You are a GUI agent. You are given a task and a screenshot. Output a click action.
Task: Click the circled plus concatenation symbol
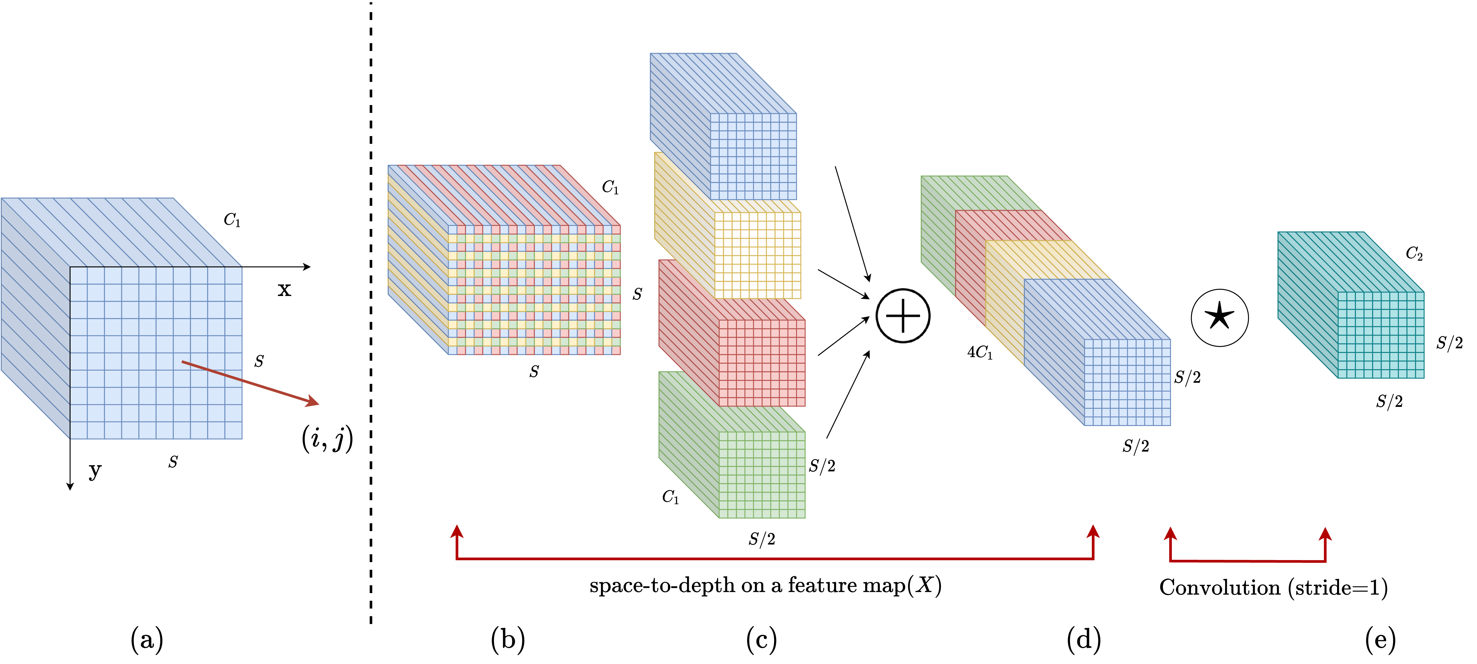(x=903, y=316)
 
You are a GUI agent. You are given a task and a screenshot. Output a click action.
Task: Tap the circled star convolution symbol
(x=1219, y=318)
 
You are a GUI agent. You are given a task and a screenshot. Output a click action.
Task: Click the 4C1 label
(x=979, y=352)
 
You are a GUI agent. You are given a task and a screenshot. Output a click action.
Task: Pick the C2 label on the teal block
(x=1414, y=254)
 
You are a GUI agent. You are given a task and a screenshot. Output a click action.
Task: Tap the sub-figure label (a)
(x=147, y=639)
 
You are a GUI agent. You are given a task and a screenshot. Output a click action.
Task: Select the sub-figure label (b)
(x=508, y=639)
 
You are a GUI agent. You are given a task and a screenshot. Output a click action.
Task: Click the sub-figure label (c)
(x=761, y=639)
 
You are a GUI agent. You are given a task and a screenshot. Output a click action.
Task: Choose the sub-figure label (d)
(x=1084, y=639)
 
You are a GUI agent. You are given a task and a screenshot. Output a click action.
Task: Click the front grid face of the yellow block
(x=757, y=255)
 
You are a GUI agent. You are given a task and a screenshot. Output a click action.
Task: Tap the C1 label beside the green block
(x=670, y=497)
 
